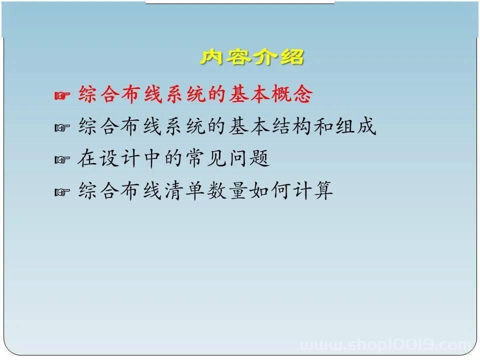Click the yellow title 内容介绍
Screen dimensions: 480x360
(252, 57)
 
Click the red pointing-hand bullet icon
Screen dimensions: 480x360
(62, 95)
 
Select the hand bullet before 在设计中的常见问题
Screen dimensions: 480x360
(62, 160)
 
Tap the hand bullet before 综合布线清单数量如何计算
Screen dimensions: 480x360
(62, 192)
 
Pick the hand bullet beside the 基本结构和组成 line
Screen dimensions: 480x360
(62, 127)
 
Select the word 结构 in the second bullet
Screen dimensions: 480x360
(292, 126)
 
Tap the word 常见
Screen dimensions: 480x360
(206, 158)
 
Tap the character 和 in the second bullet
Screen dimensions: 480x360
(324, 126)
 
